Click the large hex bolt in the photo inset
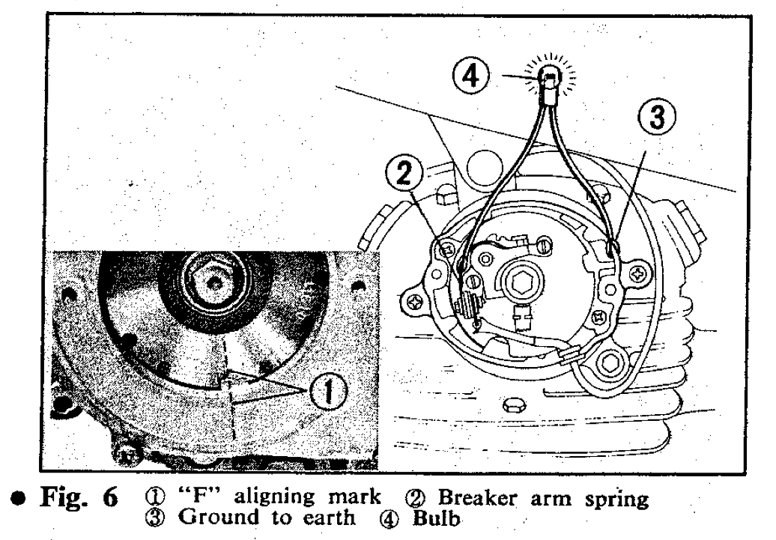click(210, 280)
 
